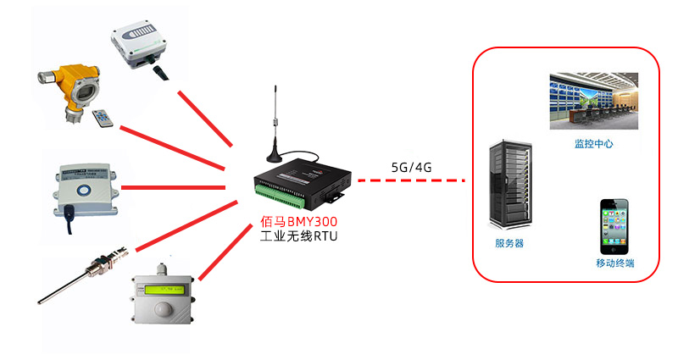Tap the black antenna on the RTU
point(275,127)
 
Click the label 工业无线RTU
point(298,237)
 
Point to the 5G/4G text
point(412,167)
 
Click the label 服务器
point(509,243)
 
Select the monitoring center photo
point(593,101)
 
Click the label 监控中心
point(593,144)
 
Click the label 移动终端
point(614,263)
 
